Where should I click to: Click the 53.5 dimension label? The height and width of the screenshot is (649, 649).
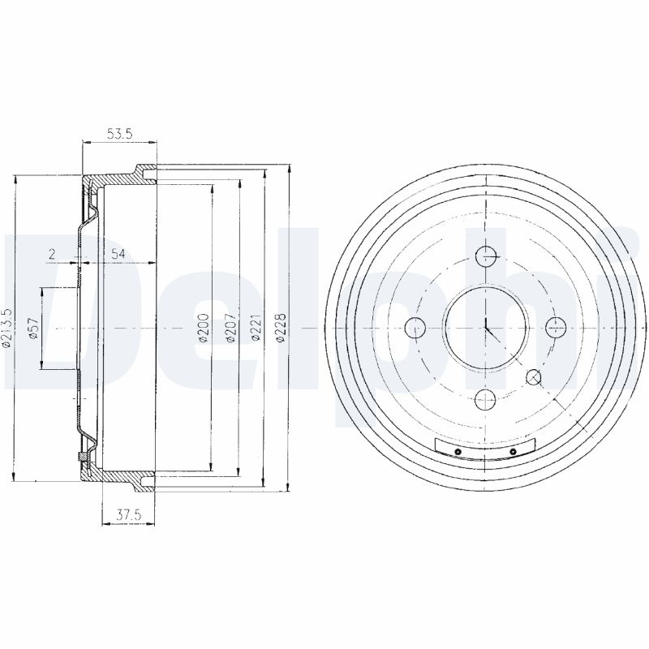point(119,134)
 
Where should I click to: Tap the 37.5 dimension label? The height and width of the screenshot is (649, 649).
point(129,515)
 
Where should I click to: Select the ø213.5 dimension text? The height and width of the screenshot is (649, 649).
point(7,328)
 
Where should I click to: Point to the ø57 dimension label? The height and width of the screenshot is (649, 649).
point(33,329)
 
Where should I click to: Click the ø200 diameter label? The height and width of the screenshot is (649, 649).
point(204,329)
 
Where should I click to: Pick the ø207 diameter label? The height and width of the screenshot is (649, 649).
point(230,329)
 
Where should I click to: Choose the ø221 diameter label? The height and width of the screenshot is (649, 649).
point(257,329)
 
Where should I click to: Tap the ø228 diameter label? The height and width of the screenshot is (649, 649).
point(282,329)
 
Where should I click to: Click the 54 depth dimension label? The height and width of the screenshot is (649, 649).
point(118,254)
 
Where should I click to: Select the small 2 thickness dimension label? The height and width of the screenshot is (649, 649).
point(51,254)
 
